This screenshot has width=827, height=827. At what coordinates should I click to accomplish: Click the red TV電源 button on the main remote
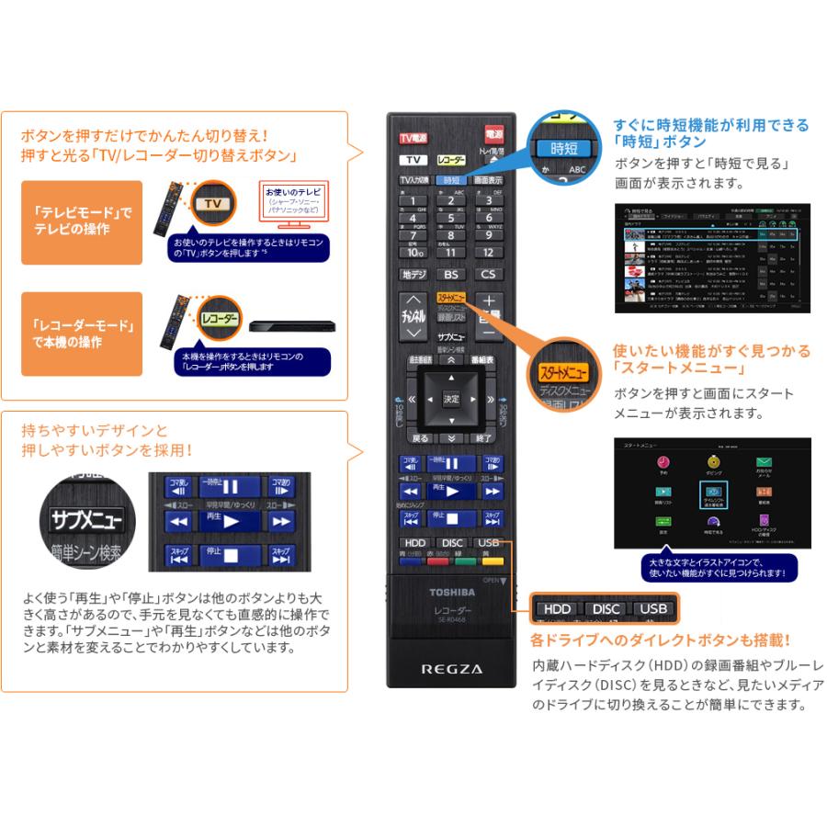tap(413, 138)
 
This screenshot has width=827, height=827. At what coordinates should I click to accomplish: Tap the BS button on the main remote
tap(451, 274)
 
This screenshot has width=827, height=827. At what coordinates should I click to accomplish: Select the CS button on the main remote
tap(489, 274)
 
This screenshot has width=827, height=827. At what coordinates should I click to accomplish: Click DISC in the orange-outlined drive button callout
tap(606, 608)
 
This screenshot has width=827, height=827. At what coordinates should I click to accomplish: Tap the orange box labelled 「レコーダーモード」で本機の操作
tap(82, 334)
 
